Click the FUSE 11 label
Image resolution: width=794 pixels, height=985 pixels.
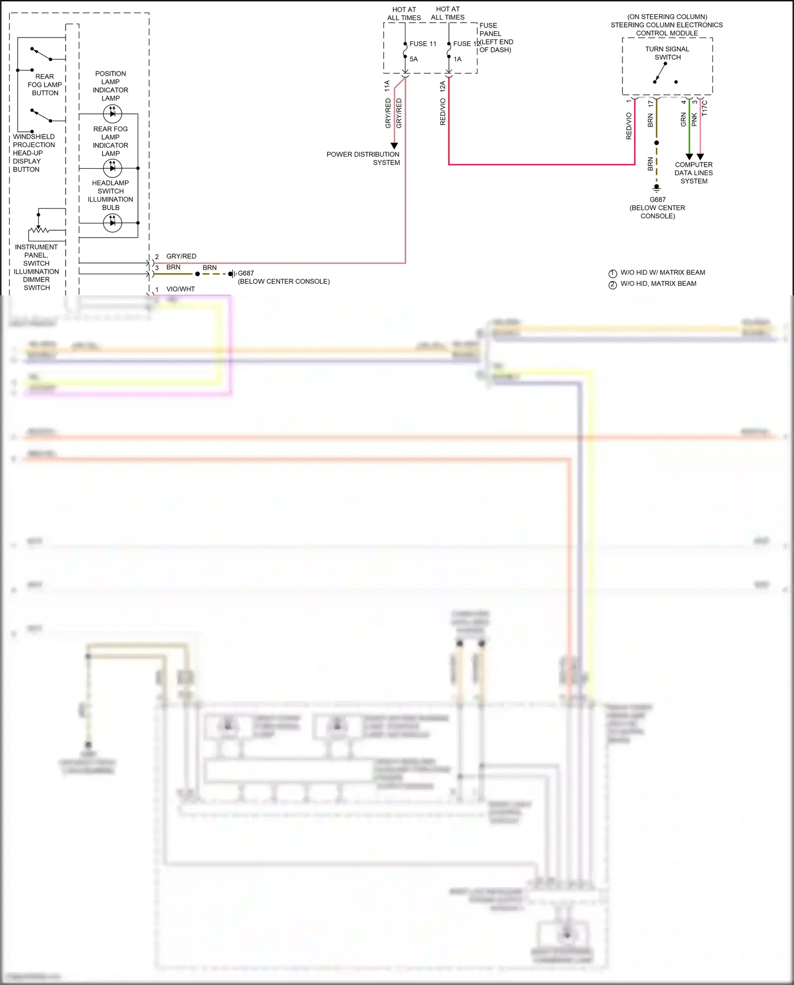pyautogui.click(x=422, y=44)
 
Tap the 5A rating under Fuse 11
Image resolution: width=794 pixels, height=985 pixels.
pyautogui.click(x=413, y=59)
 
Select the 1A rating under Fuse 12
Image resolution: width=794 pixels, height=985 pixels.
pyautogui.click(x=457, y=59)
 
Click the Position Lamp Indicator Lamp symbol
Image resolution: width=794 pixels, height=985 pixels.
pyautogui.click(x=112, y=113)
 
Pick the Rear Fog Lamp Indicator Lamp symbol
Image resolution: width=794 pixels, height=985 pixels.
pyautogui.click(x=112, y=168)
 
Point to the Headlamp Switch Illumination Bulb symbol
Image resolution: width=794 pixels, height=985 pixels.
pyautogui.click(x=112, y=223)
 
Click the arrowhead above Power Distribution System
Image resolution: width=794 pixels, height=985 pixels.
pyautogui.click(x=394, y=146)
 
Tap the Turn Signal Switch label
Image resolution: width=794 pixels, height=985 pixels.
pyautogui.click(x=667, y=53)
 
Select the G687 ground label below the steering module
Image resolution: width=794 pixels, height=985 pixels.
pyautogui.click(x=657, y=200)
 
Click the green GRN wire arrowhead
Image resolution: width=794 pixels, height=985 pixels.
pyautogui.click(x=689, y=157)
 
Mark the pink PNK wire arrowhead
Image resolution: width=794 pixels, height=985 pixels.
pyautogui.click(x=700, y=157)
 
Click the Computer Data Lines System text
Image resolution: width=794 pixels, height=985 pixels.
pyautogui.click(x=693, y=173)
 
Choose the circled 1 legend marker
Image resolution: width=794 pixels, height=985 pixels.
pyautogui.click(x=612, y=274)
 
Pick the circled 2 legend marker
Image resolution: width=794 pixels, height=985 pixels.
pyautogui.click(x=612, y=285)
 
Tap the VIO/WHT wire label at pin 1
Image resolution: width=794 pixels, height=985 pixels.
pyautogui.click(x=181, y=289)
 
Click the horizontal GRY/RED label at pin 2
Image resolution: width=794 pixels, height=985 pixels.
pyautogui.click(x=181, y=256)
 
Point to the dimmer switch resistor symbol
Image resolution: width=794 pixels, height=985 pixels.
pyautogui.click(x=39, y=230)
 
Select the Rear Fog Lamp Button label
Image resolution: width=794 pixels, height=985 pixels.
pyautogui.click(x=45, y=85)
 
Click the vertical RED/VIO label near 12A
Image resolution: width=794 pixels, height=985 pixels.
pyautogui.click(x=443, y=112)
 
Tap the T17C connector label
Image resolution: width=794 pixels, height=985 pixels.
pyautogui.click(x=705, y=109)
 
